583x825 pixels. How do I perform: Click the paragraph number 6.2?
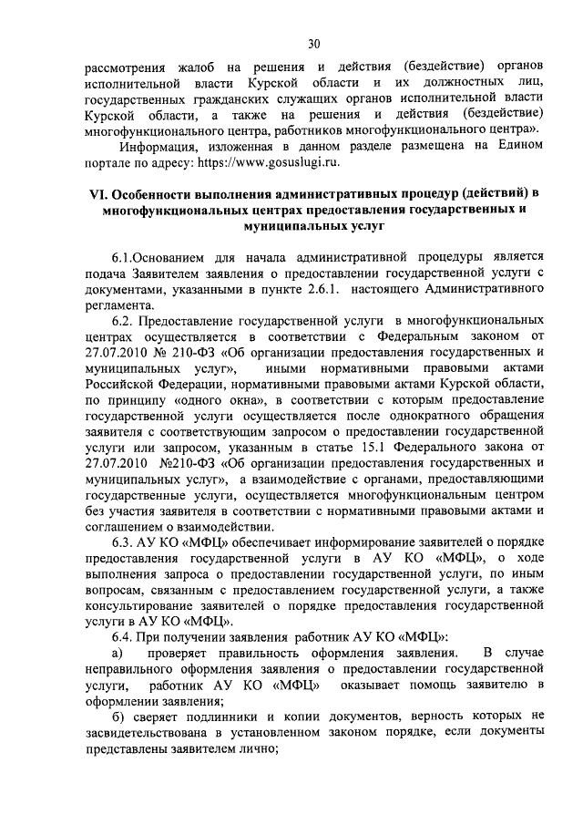[x=122, y=322]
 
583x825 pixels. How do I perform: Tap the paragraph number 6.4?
[x=122, y=635]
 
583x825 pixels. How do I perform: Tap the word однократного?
[x=414, y=415]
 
